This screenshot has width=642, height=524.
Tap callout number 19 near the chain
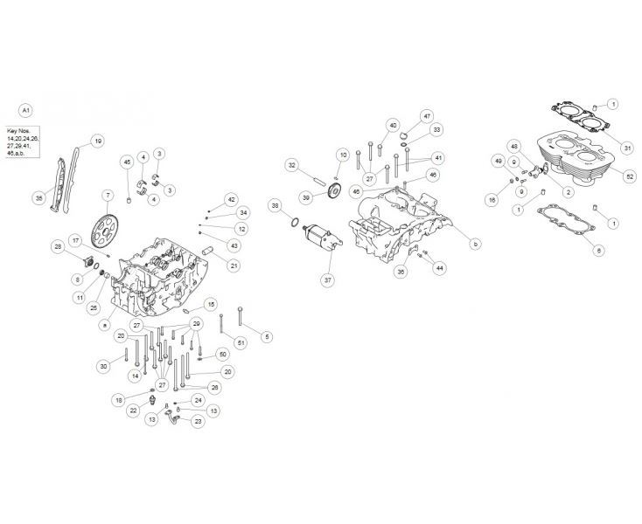97,141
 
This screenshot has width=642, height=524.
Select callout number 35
38,198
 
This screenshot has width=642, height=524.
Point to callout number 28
59,249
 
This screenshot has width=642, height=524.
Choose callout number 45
127,162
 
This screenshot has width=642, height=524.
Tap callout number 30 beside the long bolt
103,366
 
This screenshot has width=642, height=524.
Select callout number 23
198,422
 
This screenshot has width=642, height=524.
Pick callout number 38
276,207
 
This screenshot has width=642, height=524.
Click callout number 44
439,267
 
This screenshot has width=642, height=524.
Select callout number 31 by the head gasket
603,146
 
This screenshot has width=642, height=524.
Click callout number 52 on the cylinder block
605,176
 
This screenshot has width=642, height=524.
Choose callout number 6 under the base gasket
598,251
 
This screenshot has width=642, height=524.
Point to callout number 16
492,200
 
